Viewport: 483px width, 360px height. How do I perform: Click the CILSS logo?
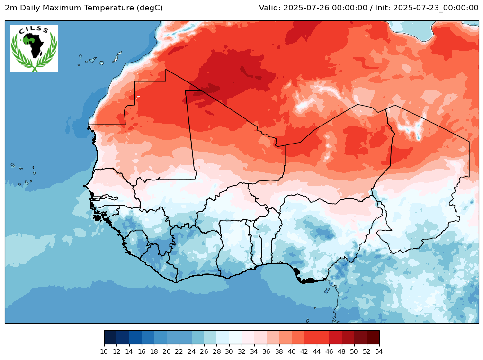34,49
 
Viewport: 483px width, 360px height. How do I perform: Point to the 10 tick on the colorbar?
104,351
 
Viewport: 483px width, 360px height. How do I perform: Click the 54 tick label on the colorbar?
379,351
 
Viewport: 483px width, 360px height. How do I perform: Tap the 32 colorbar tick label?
241,351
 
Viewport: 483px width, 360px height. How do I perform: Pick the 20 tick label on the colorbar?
166,351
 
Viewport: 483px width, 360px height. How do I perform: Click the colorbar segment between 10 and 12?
110,337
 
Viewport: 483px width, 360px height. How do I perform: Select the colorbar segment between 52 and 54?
373,337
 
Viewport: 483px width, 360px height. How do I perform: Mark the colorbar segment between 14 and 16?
135,337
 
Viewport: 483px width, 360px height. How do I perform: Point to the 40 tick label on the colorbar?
291,351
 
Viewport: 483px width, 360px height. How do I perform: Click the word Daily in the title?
27,8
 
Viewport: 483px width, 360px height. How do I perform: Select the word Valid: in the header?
270,8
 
